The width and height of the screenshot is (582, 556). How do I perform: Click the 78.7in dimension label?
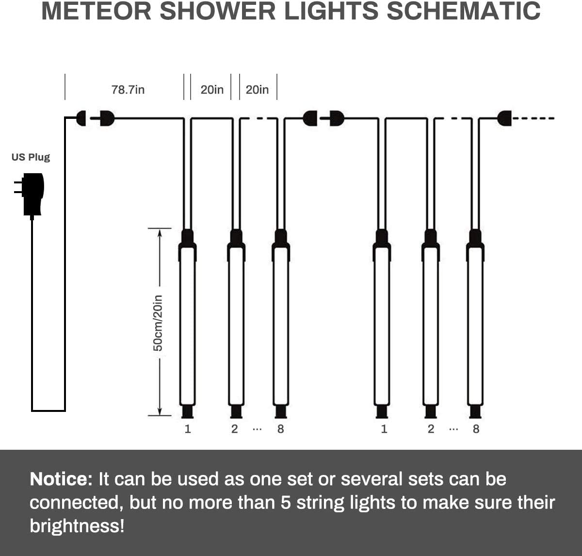[128, 90]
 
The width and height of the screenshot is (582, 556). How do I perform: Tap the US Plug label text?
[31, 157]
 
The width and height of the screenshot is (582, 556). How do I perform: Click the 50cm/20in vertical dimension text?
[158, 323]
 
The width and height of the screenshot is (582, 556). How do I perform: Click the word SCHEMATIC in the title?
[463, 12]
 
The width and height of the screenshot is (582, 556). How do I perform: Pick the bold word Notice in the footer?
[61, 479]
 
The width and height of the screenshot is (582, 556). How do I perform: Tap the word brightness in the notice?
[77, 526]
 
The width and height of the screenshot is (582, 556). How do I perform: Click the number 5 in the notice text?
[286, 503]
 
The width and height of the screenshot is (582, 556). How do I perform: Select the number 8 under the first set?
[280, 429]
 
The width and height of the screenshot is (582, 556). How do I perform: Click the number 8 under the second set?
[476, 429]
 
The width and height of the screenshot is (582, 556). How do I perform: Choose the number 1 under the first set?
[188, 429]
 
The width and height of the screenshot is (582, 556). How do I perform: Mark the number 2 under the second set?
[431, 429]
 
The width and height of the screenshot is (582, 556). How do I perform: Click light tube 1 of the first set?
[187, 325]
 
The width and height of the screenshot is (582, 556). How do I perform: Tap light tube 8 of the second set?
[475, 325]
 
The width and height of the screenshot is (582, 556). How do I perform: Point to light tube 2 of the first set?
[236, 325]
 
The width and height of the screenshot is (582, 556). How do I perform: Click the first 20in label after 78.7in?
[212, 90]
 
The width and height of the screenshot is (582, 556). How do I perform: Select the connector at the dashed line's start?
[504, 118]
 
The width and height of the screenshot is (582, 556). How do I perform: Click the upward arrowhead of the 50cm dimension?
[160, 232]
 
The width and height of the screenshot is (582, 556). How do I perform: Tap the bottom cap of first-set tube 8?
[281, 411]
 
